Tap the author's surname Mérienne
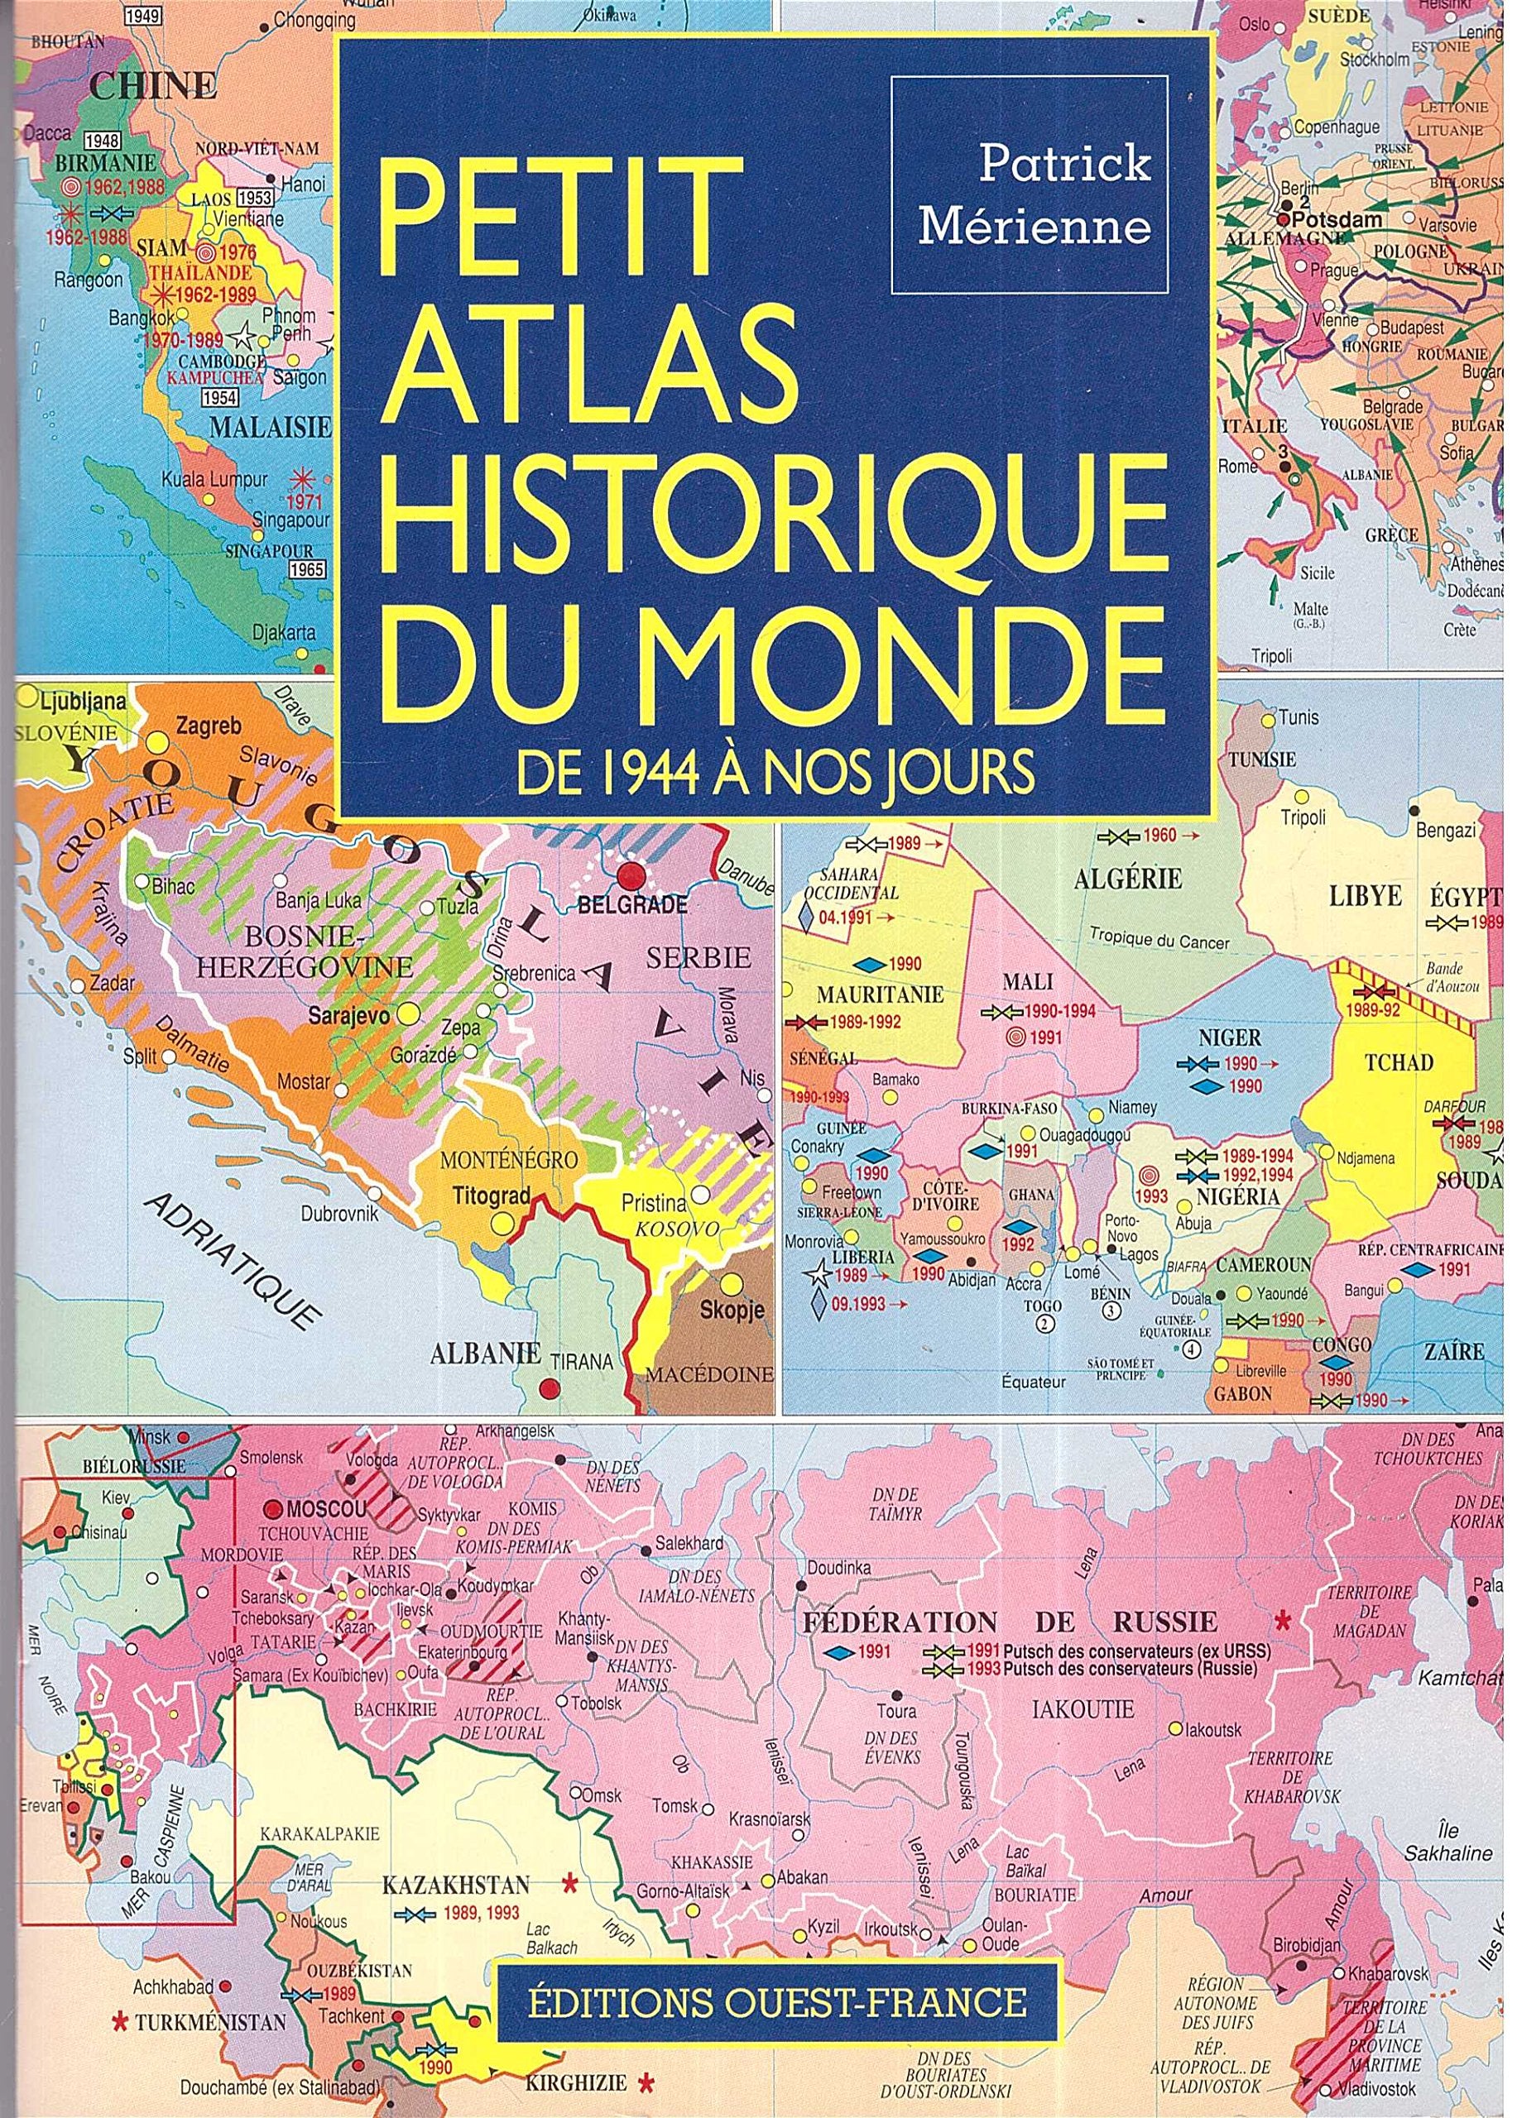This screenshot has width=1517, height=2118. (x=1034, y=227)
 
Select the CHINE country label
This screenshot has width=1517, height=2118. (x=153, y=89)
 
